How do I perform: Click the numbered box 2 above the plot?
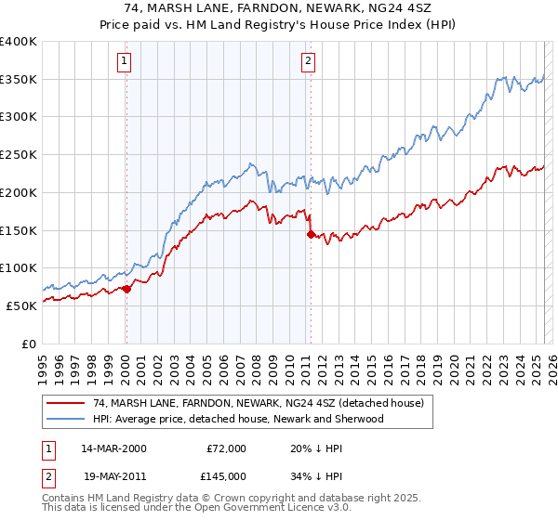point(308,62)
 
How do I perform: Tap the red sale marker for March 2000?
point(127,289)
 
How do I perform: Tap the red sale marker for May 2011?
point(311,235)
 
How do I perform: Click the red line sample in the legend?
point(65,403)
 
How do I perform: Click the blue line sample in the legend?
point(65,419)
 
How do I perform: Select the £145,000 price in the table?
point(227,475)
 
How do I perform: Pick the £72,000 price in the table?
point(227,448)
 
